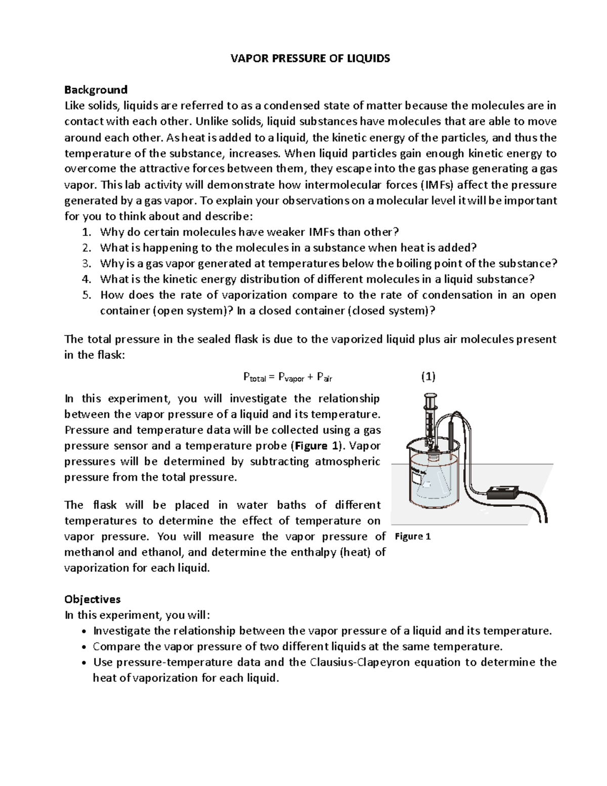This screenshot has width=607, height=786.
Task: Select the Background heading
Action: click(x=96, y=90)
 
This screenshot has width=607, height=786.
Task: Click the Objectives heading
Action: click(x=92, y=599)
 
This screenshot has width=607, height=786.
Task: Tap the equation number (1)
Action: click(x=428, y=377)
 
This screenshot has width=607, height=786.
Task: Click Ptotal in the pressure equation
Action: click(x=254, y=377)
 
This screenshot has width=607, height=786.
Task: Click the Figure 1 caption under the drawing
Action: click(x=413, y=536)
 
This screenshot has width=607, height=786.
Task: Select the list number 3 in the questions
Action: click(x=86, y=263)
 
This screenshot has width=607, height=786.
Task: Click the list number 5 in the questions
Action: click(x=86, y=295)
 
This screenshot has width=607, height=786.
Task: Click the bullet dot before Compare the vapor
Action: click(x=83, y=647)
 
